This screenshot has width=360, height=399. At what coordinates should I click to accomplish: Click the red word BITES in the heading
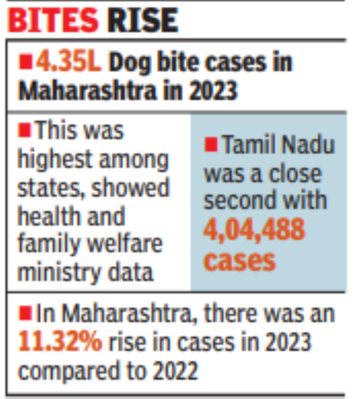pyautogui.click(x=53, y=20)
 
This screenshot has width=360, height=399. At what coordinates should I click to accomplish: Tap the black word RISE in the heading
pyautogui.click(x=142, y=20)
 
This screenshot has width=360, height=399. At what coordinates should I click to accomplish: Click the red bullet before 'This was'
pyautogui.click(x=25, y=129)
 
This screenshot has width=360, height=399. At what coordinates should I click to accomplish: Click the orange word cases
pyautogui.click(x=239, y=260)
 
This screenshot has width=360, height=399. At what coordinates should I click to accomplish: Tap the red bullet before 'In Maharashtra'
pyautogui.click(x=25, y=312)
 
